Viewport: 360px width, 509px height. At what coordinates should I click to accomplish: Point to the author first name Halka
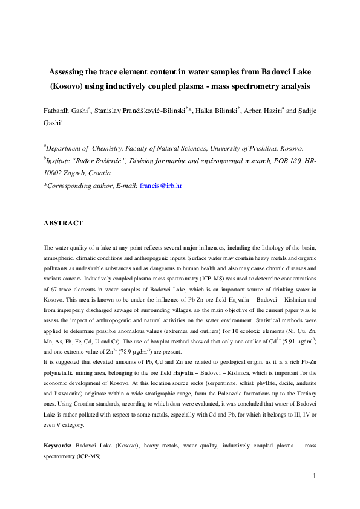coord(208,111)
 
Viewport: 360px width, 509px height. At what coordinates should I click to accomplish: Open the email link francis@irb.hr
coord(160,186)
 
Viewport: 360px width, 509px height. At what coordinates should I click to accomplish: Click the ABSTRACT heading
coord(63,223)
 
